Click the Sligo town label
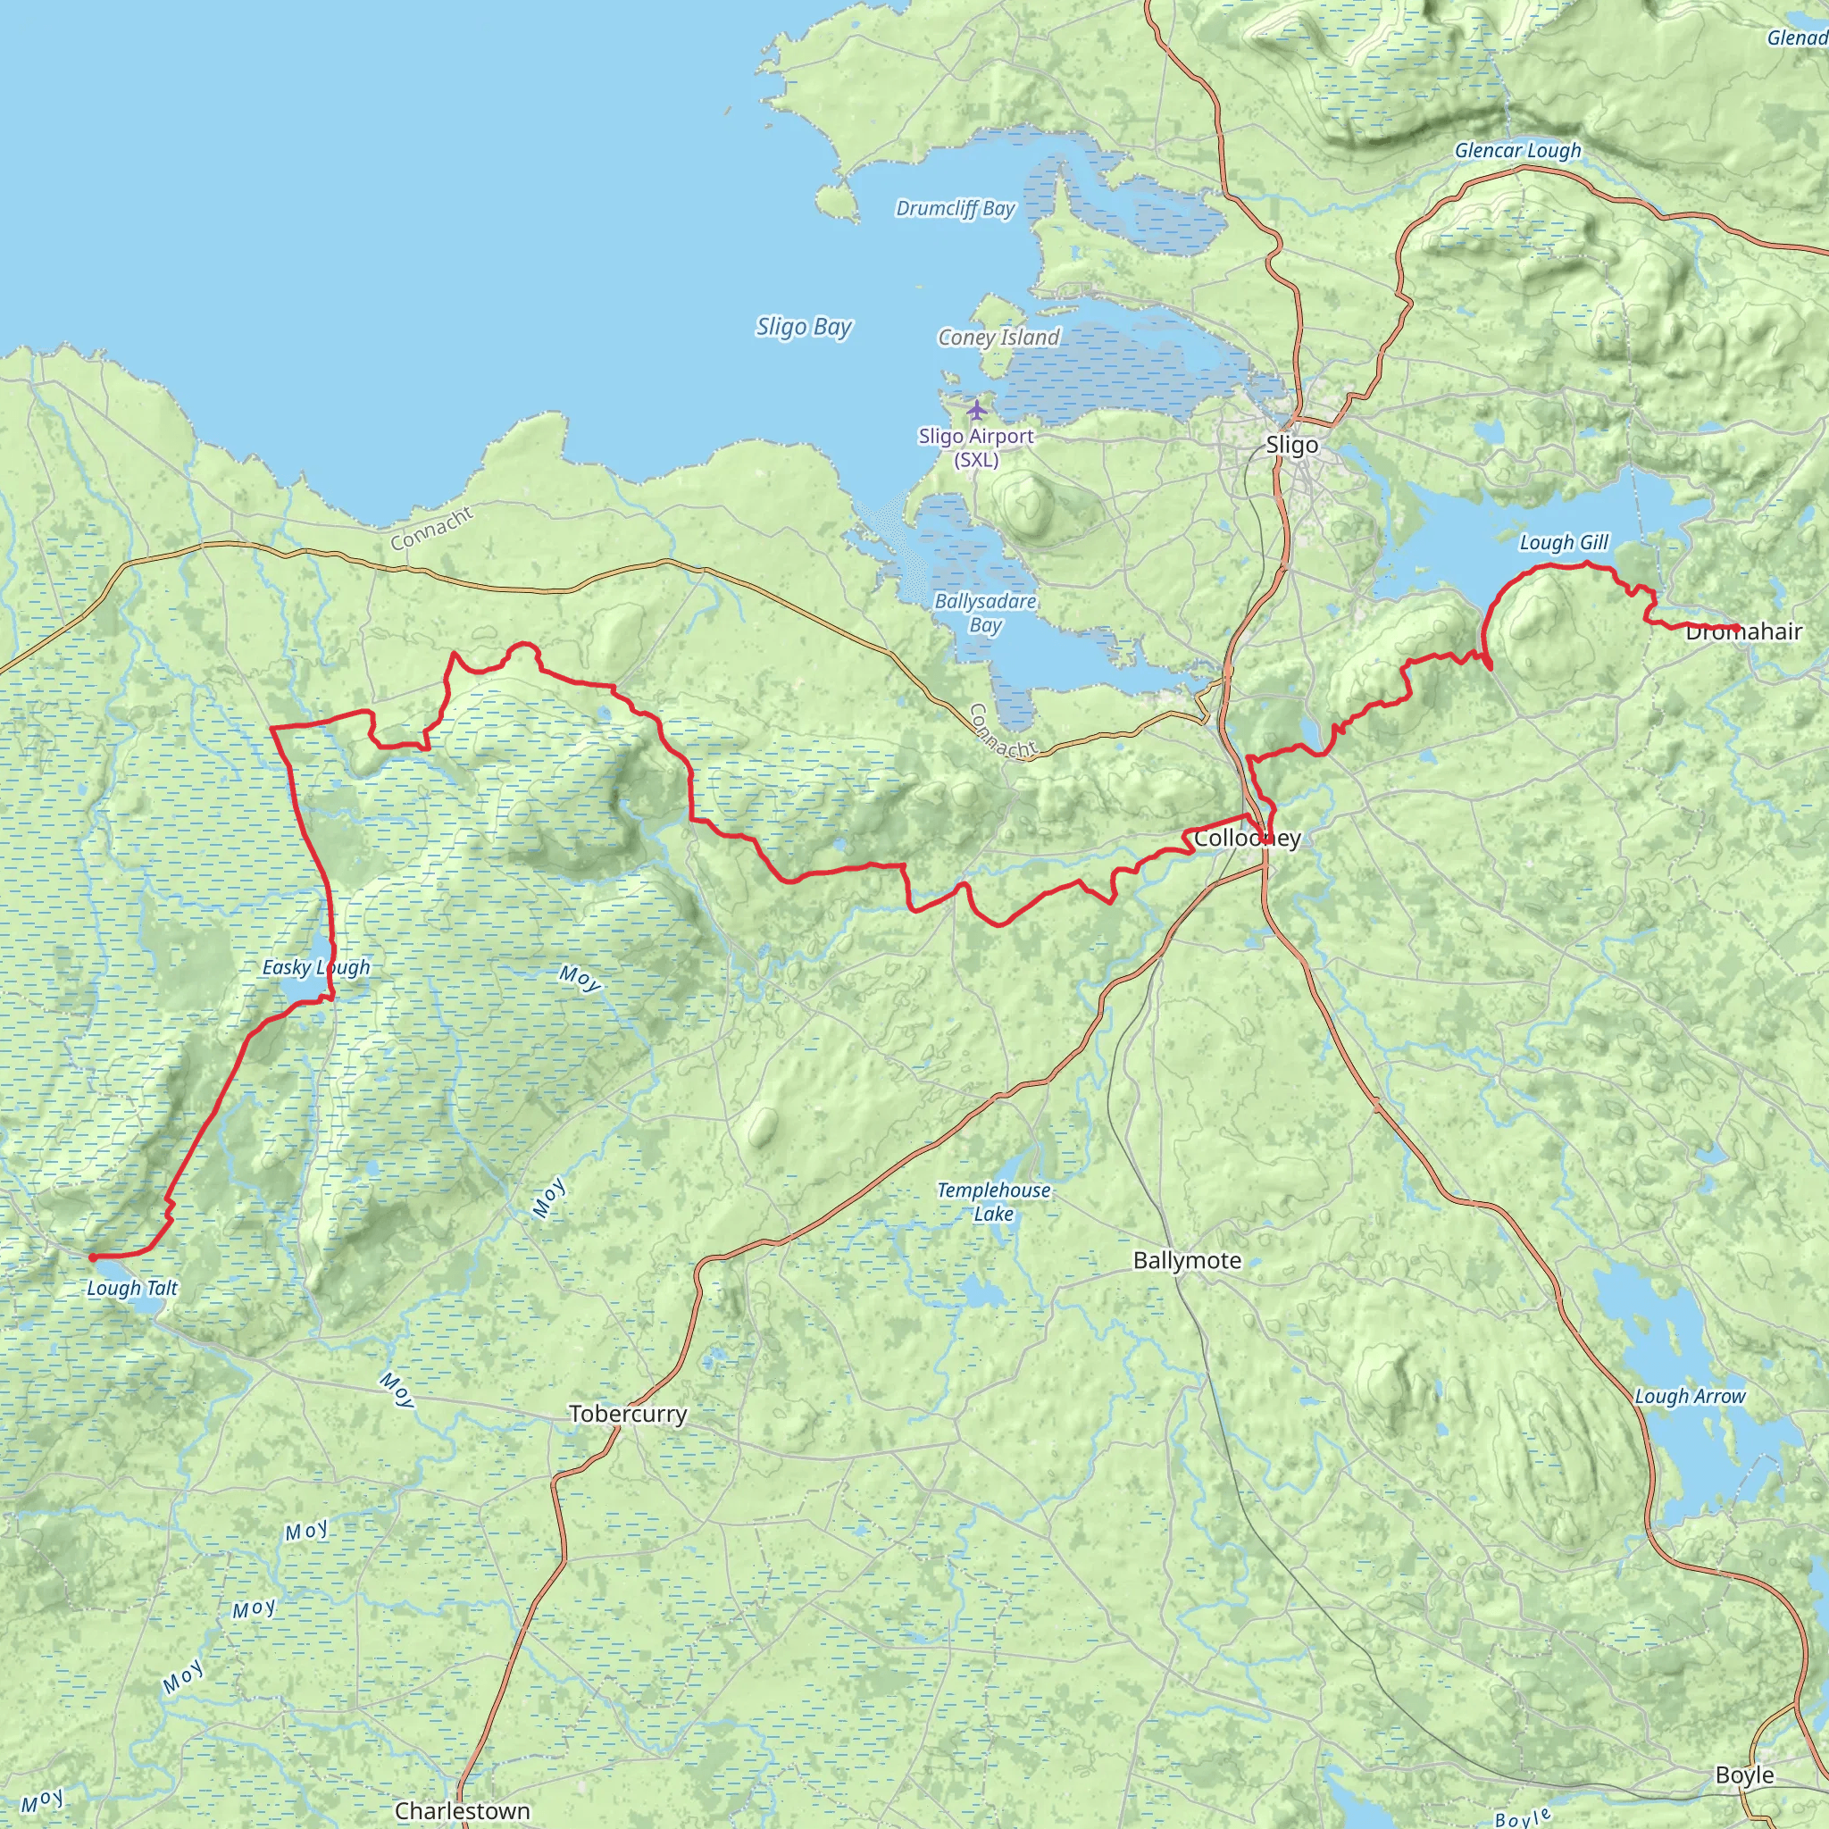[x=1291, y=445]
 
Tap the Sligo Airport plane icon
[x=976, y=410]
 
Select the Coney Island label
[x=998, y=337]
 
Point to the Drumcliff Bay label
[x=956, y=208]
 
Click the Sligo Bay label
[x=804, y=327]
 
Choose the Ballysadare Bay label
[x=986, y=613]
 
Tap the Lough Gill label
[x=1564, y=542]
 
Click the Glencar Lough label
[x=1517, y=151]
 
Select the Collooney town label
[x=1247, y=838]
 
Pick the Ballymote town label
[x=1186, y=1260]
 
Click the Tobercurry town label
[x=628, y=1414]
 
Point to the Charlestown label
[x=462, y=1810]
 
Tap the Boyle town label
[x=1744, y=1775]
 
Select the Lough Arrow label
[x=1690, y=1397]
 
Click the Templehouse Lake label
[x=993, y=1201]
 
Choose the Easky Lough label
[x=316, y=967]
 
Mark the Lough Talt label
[x=131, y=1288]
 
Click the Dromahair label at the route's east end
[x=1743, y=631]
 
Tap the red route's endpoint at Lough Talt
[x=92, y=1257]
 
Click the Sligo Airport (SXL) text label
[x=976, y=447]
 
